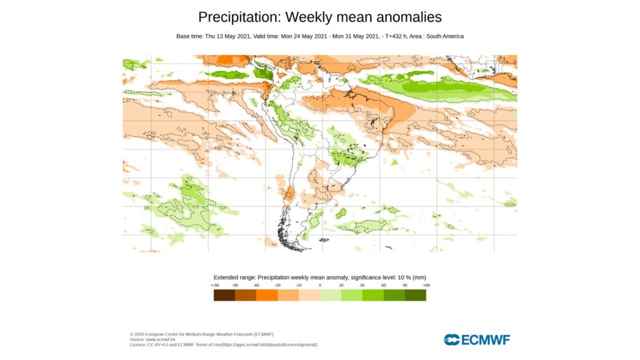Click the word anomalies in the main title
click(407, 16)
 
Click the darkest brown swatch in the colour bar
click(224, 295)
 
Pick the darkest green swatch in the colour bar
click(416, 295)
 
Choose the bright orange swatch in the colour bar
click(267, 295)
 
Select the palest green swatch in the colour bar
click(331, 295)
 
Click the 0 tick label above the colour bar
click(320, 285)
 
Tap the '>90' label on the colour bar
click(426, 285)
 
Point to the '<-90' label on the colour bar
click(214, 285)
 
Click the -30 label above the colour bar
click(277, 285)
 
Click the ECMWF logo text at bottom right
click(486, 340)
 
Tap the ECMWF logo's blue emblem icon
click(452, 340)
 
